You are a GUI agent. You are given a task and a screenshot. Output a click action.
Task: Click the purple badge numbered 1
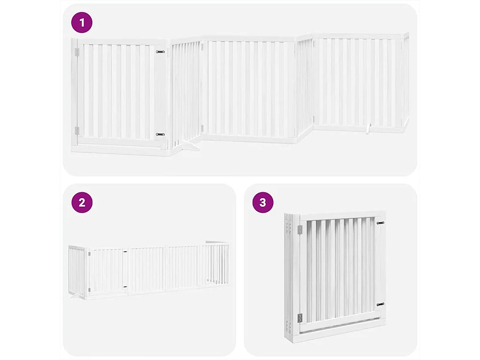(82, 22)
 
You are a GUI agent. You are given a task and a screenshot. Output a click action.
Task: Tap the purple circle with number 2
(82, 202)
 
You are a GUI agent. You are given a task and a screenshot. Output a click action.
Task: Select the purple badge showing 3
(262, 202)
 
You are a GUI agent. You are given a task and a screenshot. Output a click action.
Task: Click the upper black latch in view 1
(160, 52)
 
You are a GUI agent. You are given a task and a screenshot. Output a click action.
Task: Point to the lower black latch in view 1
(160, 135)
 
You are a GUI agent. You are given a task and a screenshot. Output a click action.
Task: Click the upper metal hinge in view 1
(77, 52)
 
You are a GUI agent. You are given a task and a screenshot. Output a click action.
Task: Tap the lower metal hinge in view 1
(77, 131)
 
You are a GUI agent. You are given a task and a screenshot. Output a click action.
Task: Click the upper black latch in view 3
(380, 223)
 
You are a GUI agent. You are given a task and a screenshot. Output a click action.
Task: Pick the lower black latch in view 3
(380, 304)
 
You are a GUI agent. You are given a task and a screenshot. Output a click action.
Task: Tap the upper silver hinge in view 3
(300, 229)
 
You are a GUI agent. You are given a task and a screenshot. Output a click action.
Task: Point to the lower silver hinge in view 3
(300, 318)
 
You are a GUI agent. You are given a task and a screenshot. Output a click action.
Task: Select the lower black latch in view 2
(125, 286)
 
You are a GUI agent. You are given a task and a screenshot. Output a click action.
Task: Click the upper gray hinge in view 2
(89, 254)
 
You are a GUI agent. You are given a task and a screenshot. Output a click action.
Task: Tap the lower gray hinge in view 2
(89, 291)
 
